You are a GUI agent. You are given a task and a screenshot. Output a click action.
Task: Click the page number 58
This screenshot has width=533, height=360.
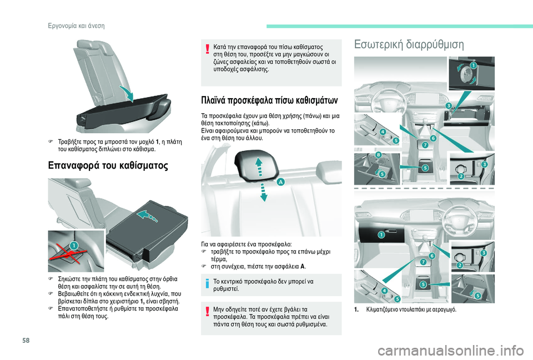(x=26, y=340)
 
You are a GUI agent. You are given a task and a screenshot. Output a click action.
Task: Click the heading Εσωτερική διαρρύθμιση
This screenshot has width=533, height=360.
(x=409, y=44)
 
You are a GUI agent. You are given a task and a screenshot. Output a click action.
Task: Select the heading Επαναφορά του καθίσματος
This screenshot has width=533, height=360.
(x=108, y=166)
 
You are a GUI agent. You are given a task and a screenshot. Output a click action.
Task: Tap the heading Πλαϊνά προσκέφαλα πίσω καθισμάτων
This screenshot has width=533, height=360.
(x=270, y=100)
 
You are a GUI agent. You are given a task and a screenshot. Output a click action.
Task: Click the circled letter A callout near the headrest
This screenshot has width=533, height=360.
(x=281, y=182)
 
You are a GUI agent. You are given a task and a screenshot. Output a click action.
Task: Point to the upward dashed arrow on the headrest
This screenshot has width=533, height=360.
(x=259, y=166)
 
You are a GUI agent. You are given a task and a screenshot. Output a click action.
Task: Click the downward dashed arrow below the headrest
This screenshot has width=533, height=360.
(x=264, y=192)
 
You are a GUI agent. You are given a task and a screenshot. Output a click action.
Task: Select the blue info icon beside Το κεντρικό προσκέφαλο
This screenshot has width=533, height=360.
(x=207, y=283)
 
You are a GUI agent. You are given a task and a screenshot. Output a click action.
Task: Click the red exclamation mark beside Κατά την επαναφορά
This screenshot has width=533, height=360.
(x=207, y=49)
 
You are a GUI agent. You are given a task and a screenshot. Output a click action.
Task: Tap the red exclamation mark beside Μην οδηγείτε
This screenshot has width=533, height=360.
(x=207, y=312)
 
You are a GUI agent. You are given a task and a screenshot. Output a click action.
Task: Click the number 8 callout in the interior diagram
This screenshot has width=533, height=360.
(x=378, y=155)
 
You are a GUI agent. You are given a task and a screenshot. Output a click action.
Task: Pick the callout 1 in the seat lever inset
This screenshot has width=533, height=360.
(x=74, y=245)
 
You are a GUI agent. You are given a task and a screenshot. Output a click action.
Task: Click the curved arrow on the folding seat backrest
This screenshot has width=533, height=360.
(x=127, y=93)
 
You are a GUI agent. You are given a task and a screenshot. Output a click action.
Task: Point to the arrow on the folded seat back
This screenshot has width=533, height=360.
(x=147, y=216)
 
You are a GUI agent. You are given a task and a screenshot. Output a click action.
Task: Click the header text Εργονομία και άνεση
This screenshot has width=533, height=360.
(x=76, y=26)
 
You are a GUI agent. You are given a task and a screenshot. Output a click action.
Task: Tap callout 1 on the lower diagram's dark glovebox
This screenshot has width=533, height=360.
(x=381, y=235)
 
